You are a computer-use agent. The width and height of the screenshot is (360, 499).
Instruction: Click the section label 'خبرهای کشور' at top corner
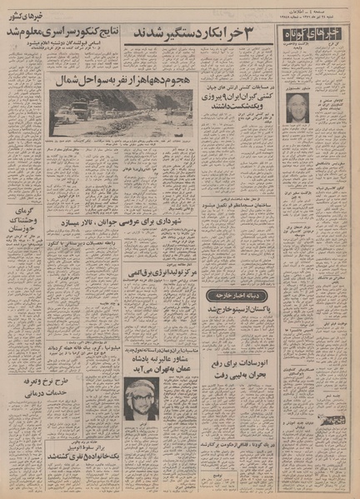point(23,15)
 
